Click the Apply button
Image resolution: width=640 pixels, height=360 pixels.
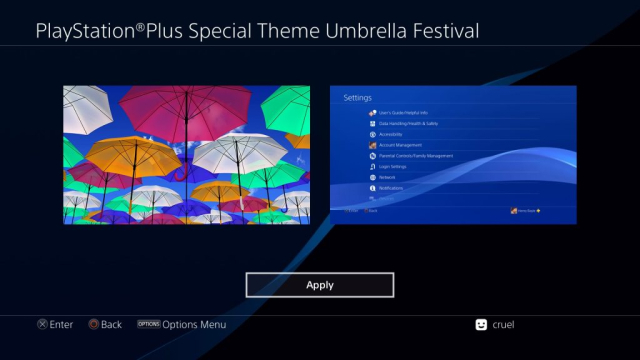[x=320, y=285]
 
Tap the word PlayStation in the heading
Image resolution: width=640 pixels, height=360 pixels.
[x=85, y=31]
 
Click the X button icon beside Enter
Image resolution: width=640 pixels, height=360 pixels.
[x=42, y=324]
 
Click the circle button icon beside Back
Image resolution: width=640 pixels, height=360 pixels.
[x=94, y=324]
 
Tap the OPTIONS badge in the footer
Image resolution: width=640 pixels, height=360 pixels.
[x=149, y=324]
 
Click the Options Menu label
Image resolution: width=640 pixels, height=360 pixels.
[x=196, y=324]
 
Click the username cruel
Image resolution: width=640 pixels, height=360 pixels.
[x=504, y=324]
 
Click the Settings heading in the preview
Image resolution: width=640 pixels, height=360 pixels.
[x=357, y=98]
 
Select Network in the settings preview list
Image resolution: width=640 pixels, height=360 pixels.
[x=387, y=177]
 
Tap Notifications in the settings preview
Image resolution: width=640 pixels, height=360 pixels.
[x=392, y=188]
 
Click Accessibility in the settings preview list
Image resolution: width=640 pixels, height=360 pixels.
[x=392, y=134]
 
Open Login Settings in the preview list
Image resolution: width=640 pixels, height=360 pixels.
[x=395, y=166]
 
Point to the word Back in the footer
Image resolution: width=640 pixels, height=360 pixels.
[x=111, y=324]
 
